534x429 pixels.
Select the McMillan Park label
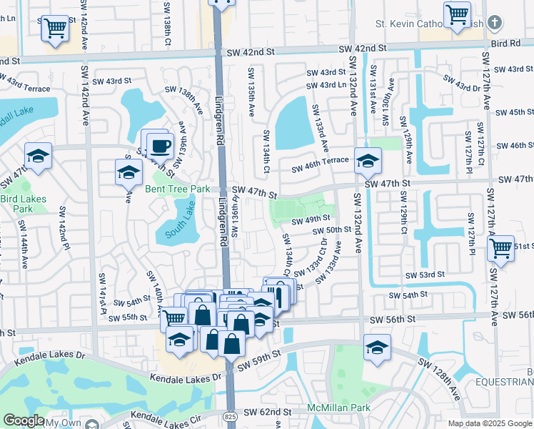338,408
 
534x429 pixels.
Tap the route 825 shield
230,415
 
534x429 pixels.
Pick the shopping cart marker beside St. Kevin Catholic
457,14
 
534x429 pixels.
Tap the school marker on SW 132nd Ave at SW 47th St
368,160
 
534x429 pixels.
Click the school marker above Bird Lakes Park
39,154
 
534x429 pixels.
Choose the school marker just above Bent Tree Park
129,172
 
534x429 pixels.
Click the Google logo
24,420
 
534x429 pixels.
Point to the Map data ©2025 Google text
490,423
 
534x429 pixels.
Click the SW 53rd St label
425,275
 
